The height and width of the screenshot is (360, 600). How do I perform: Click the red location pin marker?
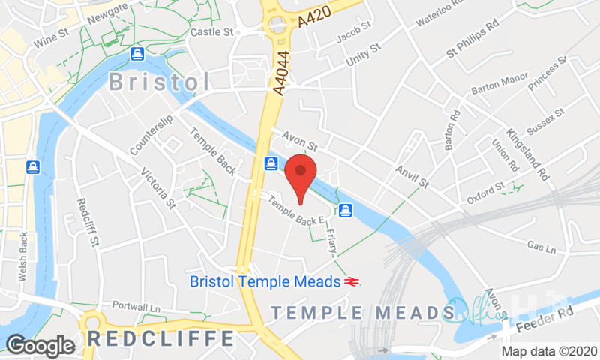point(300,174)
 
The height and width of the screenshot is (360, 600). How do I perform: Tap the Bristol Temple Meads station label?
point(266,282)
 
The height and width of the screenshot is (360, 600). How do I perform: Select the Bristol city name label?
point(160,82)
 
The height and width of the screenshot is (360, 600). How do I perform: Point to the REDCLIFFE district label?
point(160,338)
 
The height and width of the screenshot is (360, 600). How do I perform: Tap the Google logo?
point(40,345)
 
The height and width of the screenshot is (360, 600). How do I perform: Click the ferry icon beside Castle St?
point(136,53)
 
